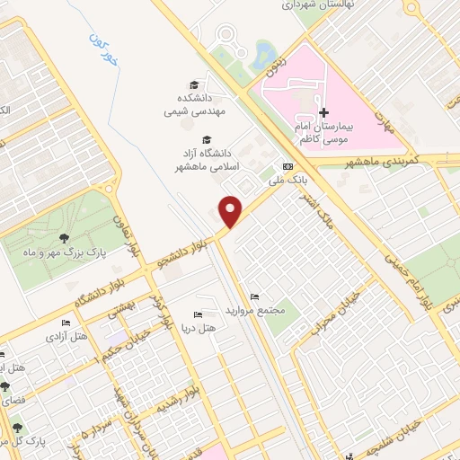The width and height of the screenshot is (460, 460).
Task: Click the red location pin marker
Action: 232,211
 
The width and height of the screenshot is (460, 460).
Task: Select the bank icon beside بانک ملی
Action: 287,166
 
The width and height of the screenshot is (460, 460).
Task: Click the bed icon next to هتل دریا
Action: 199,314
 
